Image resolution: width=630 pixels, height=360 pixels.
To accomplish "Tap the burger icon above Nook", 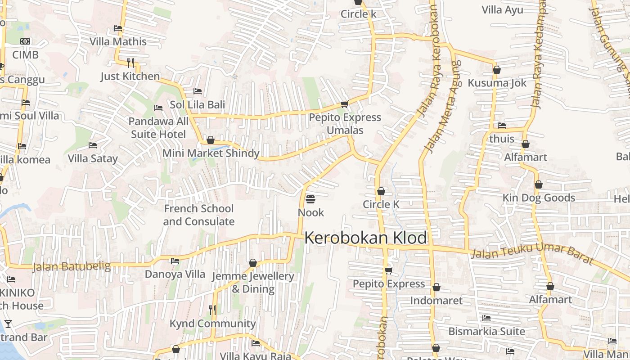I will [310, 199].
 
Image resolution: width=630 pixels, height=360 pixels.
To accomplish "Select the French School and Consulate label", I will [198, 215].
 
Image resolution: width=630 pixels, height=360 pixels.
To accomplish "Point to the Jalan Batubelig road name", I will [72, 266].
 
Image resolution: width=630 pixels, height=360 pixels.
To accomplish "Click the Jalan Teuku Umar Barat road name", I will [532, 254].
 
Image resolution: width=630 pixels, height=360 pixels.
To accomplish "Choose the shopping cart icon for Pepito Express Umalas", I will [344, 104].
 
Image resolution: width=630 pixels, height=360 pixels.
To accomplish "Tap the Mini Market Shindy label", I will [211, 153].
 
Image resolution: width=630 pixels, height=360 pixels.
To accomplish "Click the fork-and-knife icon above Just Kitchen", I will [130, 63].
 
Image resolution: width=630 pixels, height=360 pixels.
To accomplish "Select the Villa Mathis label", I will [118, 41].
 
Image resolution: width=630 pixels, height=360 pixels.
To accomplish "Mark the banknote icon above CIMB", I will [26, 41].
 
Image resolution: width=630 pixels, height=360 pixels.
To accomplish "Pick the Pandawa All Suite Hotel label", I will [158, 128].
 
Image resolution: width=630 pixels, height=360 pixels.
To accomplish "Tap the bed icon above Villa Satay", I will [93, 145].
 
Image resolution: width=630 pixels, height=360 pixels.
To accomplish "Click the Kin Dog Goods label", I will [539, 198].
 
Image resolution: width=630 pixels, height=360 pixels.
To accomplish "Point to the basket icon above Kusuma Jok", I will [497, 70].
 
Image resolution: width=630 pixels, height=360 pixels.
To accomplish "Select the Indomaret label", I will [436, 300].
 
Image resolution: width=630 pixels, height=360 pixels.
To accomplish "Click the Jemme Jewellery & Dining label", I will [253, 282].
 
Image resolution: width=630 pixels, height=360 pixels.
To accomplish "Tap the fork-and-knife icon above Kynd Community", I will [212, 310].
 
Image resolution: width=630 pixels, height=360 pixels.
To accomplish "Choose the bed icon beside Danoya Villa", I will [175, 261].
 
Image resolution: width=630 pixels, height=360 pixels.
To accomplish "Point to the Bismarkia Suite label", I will [486, 331].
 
